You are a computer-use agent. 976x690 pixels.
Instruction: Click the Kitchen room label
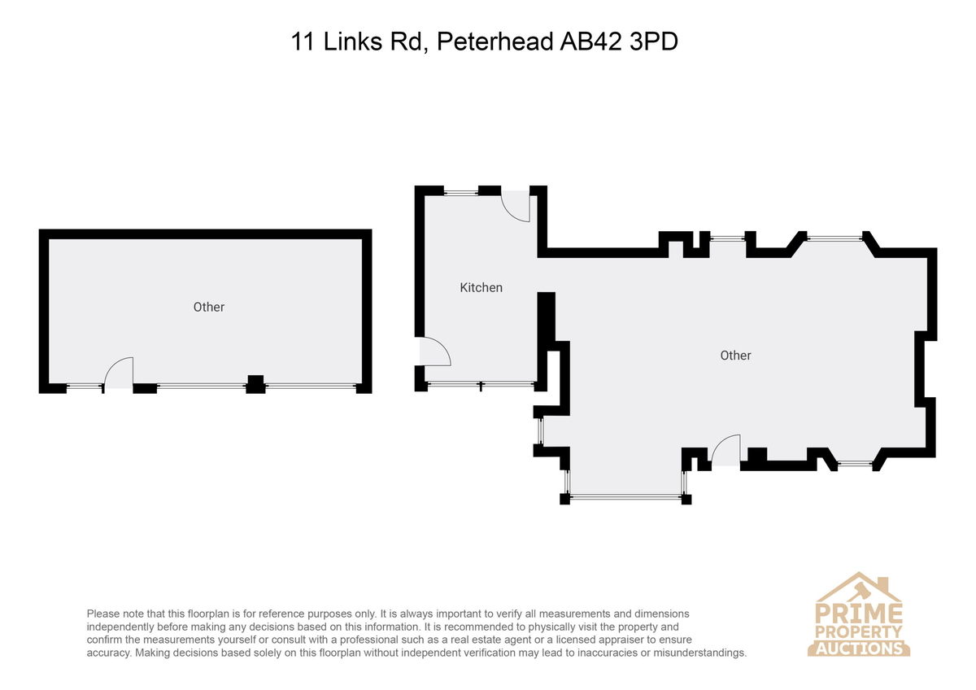tap(481, 288)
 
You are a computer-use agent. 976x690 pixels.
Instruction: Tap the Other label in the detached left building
tap(209, 307)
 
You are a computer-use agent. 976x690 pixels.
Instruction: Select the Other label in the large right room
tap(735, 356)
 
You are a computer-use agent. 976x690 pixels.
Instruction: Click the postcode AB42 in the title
tap(590, 41)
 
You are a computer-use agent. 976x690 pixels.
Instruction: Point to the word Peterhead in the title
tap(495, 41)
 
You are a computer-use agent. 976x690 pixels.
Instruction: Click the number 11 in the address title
tap(303, 41)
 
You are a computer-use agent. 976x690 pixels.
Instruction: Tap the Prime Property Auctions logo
tap(858, 614)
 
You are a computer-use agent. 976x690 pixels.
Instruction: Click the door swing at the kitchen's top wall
tap(516, 207)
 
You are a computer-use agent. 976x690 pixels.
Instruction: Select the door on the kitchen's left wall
tap(435, 352)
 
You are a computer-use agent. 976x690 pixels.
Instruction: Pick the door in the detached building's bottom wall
tap(119, 373)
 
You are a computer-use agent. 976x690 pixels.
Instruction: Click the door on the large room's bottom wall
tap(725, 450)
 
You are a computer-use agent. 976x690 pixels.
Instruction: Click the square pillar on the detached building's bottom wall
tap(255, 384)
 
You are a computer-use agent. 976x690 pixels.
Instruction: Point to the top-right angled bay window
tap(834, 238)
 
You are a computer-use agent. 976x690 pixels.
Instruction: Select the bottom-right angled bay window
tap(855, 464)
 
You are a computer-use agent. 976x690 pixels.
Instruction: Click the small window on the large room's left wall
tap(540, 430)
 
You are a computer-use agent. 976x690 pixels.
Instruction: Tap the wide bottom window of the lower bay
tap(625, 496)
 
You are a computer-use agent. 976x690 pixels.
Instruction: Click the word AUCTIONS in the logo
tap(859, 649)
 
